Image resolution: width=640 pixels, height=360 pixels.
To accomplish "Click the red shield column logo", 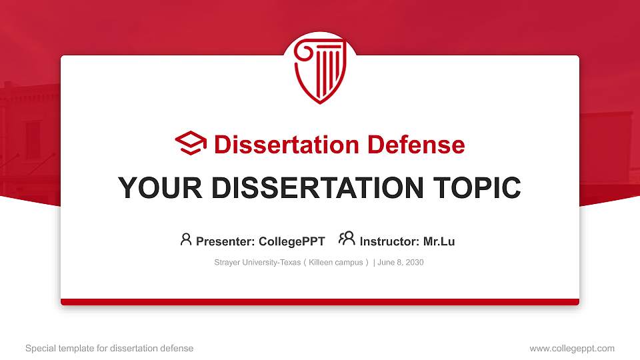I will (320, 70).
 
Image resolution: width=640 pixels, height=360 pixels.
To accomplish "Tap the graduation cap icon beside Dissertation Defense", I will (191, 144).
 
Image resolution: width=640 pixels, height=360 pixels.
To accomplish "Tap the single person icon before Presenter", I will (186, 239).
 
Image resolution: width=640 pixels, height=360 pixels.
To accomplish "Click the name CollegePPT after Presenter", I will (291, 241).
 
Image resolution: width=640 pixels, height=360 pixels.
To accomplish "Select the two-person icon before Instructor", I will (347, 239).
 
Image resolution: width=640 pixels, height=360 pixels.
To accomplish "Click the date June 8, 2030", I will (401, 263).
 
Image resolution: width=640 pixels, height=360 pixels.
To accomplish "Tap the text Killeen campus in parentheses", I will (336, 263).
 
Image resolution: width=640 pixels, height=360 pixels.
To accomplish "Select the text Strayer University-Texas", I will (257, 263).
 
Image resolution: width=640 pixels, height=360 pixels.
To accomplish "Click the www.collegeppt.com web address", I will (571, 348).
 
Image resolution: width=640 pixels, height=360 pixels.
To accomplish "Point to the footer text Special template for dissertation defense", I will (109, 348).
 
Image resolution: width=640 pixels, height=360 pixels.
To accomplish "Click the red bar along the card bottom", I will (320, 302).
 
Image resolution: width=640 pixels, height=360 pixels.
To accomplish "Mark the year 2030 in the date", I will (414, 263).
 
